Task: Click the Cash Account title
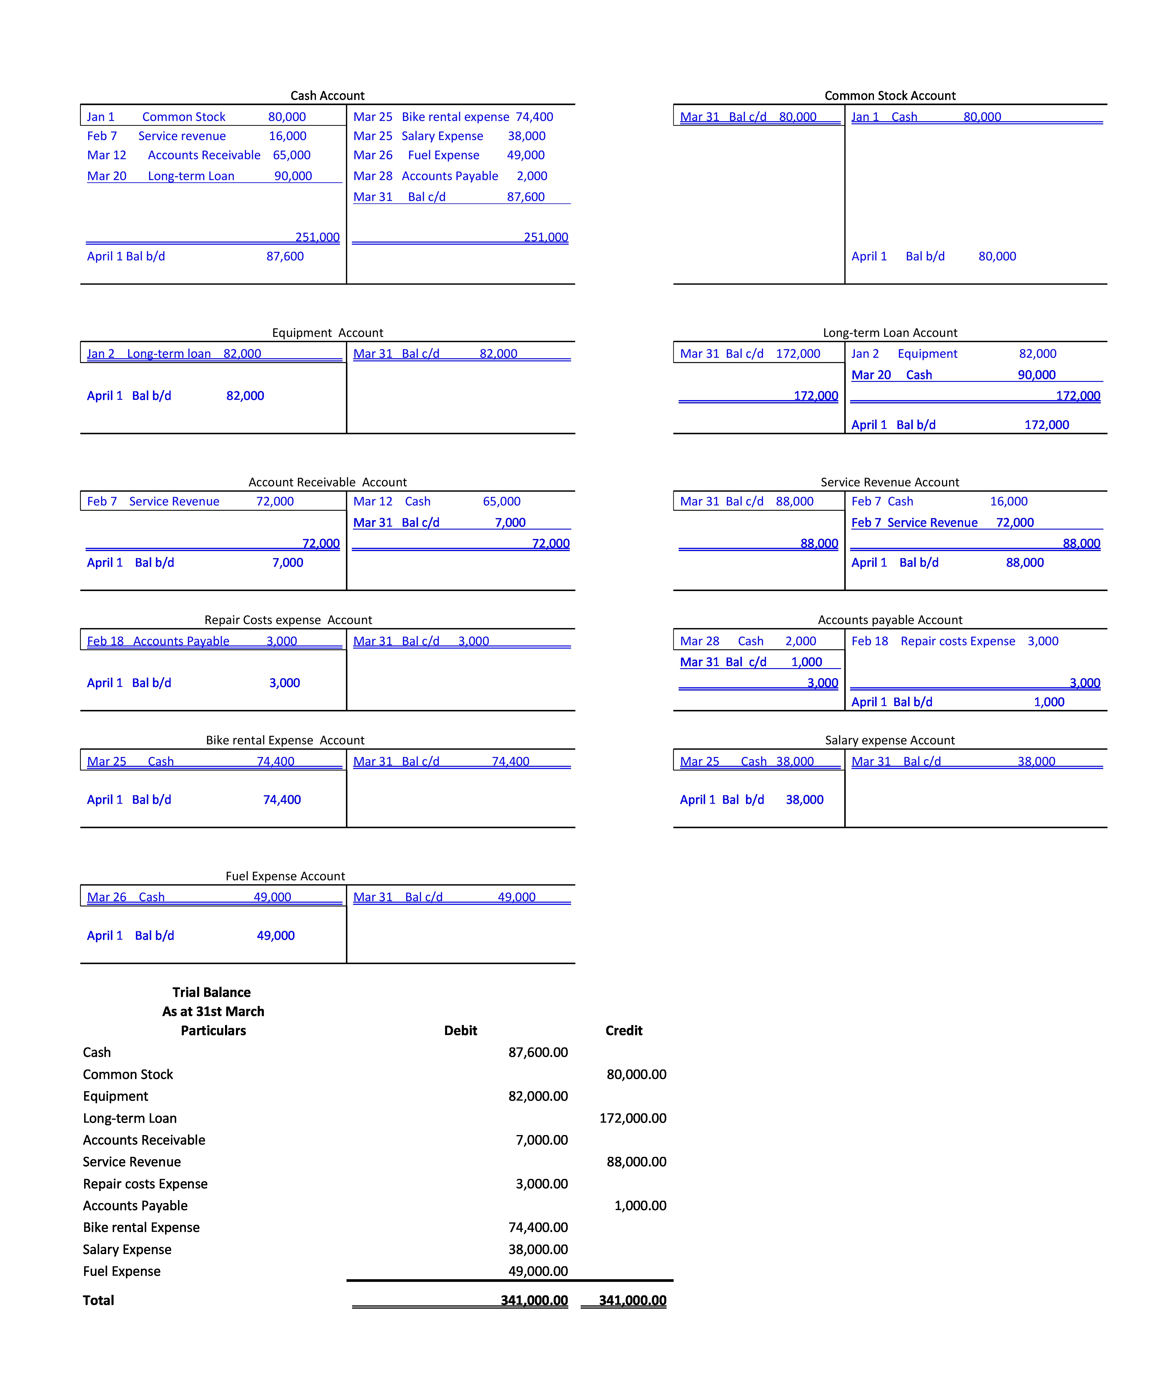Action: [327, 95]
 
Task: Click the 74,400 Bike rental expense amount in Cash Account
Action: [534, 117]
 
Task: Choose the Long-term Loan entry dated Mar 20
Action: [191, 176]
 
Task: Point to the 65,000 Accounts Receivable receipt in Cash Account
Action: [292, 155]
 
